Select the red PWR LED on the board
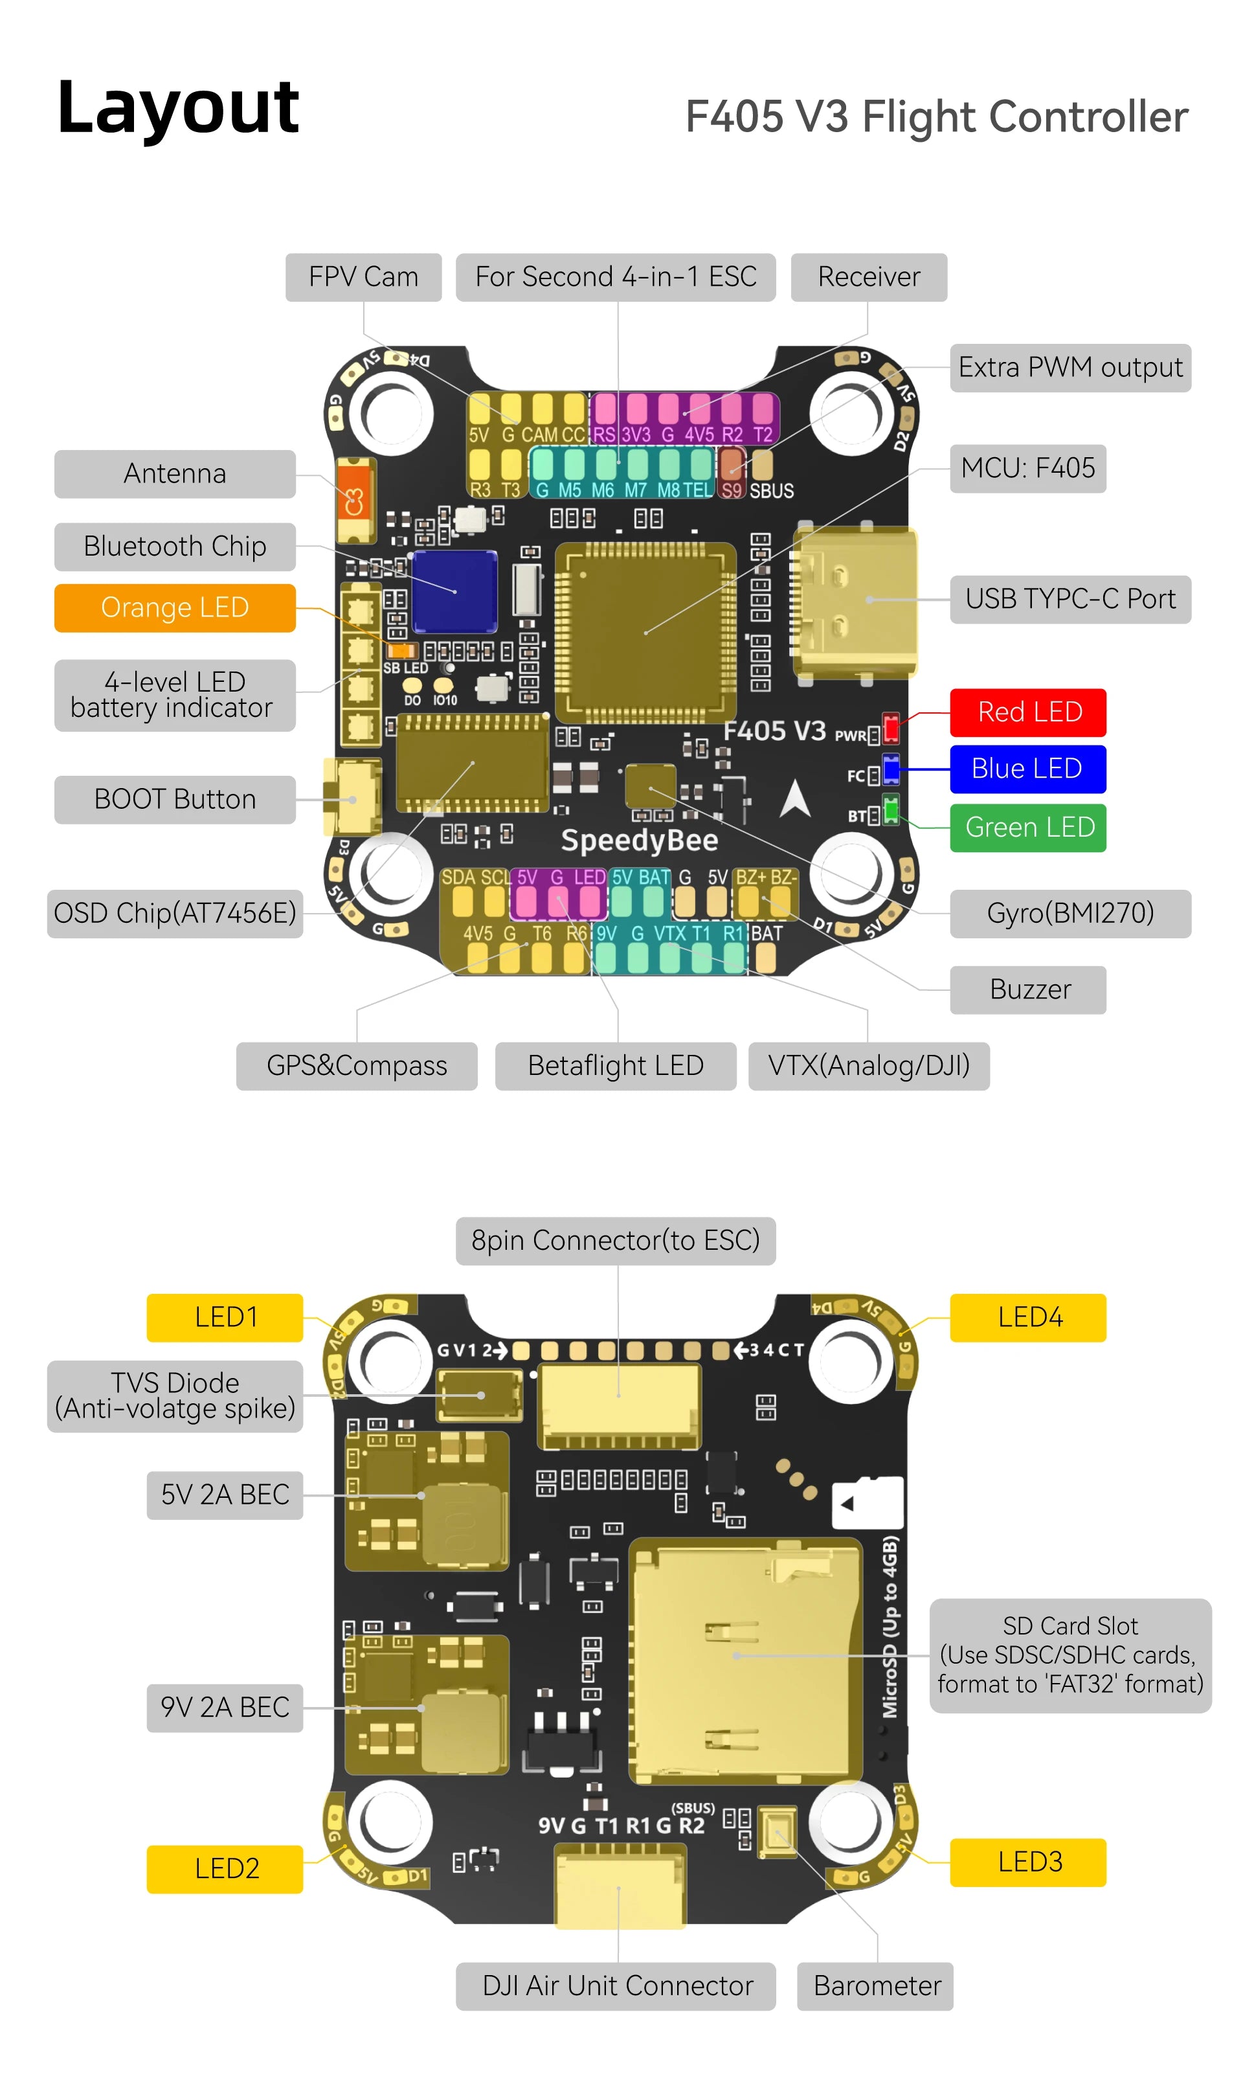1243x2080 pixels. pos(891,728)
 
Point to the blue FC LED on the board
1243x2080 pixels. pos(891,769)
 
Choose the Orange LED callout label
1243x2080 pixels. pos(174,607)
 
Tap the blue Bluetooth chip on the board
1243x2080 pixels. pos(455,591)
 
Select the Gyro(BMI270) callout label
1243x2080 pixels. pos(1069,912)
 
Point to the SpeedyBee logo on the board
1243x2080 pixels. pos(639,839)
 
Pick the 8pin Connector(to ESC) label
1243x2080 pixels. pos(615,1240)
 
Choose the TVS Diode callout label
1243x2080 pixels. pos(174,1395)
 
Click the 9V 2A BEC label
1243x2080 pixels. pos(225,1706)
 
